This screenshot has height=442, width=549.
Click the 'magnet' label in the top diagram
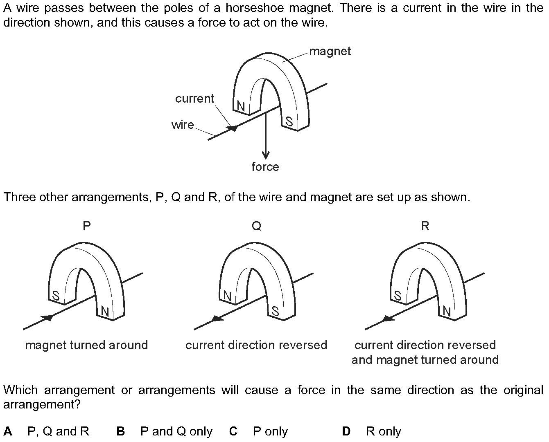click(330, 52)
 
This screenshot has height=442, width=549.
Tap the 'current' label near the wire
click(194, 99)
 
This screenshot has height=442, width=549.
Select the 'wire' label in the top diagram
click(183, 124)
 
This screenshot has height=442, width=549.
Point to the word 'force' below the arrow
click(265, 167)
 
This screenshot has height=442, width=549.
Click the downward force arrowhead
click(266, 155)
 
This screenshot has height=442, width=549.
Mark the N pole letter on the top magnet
click(241, 107)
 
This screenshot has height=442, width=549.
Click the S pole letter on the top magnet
click(289, 121)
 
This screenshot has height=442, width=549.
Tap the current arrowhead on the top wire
click(233, 128)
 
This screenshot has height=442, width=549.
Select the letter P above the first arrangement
click(86, 226)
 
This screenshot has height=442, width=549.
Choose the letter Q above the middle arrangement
click(256, 226)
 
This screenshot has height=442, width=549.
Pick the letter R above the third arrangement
click(425, 226)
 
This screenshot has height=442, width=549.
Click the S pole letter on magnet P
click(56, 296)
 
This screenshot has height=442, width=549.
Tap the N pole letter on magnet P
click(105, 312)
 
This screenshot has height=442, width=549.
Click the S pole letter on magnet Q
click(276, 312)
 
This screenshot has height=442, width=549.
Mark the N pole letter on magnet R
click(447, 312)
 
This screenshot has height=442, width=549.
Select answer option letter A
click(8, 431)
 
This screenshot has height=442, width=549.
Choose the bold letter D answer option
click(346, 431)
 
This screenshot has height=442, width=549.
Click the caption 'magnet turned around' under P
click(86, 345)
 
